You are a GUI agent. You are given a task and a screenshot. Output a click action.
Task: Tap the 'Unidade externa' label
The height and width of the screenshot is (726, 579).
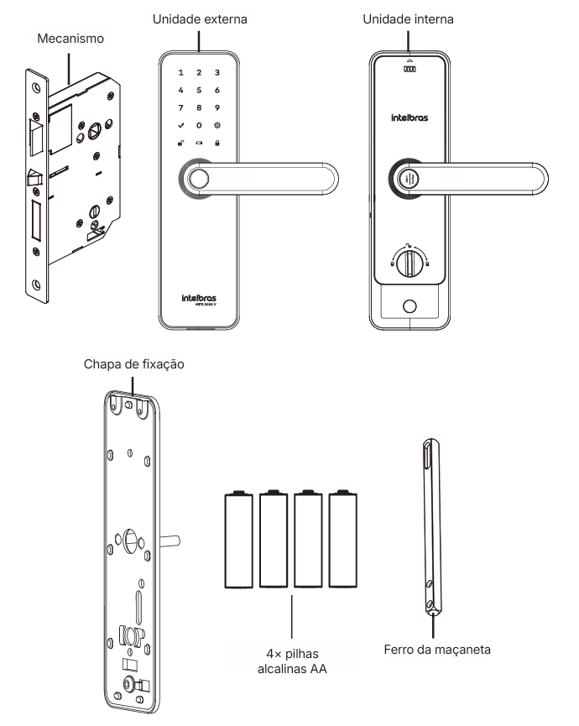(x=198, y=17)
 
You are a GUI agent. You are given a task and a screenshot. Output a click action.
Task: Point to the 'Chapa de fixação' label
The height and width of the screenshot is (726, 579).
(x=134, y=365)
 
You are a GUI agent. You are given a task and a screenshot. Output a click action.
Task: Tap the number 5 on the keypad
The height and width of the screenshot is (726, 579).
(x=199, y=90)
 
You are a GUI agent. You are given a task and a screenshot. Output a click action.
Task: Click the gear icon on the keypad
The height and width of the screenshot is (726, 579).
(x=217, y=125)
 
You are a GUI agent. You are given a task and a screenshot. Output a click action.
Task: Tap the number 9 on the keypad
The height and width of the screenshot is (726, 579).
(x=217, y=107)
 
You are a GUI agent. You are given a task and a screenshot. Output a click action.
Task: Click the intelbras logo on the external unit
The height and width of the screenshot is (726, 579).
(x=198, y=298)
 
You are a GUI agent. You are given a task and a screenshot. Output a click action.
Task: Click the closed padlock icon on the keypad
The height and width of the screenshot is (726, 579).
(x=217, y=143)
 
